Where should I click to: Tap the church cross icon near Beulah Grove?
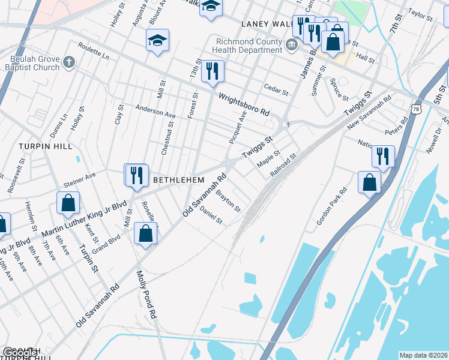[x=69, y=62]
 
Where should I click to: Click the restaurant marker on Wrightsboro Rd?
[x=212, y=72]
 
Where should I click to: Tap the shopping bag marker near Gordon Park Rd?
[x=370, y=182]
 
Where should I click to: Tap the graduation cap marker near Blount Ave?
[x=158, y=41]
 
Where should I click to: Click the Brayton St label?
[x=228, y=202]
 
